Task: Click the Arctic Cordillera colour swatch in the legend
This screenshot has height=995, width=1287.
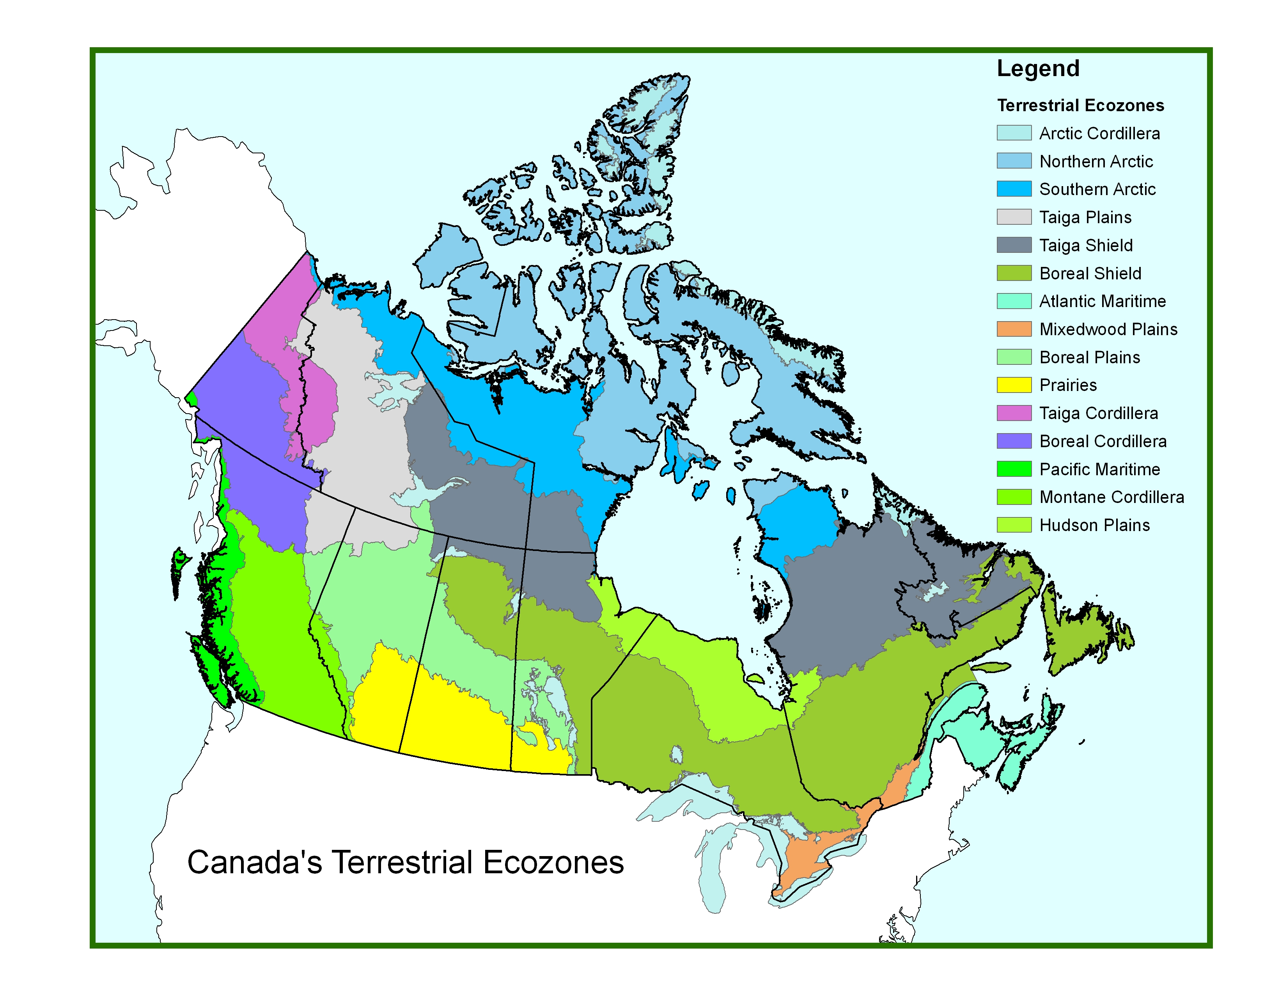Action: [1014, 133]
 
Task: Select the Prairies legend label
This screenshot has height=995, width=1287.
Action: [1068, 385]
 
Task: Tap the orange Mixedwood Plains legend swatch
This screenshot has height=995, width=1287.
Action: [1014, 329]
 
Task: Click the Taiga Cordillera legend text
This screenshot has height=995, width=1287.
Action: [1098, 413]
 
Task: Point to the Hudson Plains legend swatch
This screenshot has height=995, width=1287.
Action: [1014, 524]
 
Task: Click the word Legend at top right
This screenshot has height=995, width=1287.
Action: [1038, 68]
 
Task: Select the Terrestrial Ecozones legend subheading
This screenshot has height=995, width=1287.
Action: [1080, 105]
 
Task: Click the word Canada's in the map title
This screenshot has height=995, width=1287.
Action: [254, 862]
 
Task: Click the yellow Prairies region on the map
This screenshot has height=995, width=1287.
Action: [454, 725]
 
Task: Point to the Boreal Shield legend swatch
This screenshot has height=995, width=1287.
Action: [1014, 273]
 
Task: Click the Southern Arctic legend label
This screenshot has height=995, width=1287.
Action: [1097, 189]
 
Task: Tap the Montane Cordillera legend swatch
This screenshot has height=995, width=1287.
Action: [1014, 497]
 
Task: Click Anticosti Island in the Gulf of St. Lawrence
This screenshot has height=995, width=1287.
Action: [989, 667]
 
